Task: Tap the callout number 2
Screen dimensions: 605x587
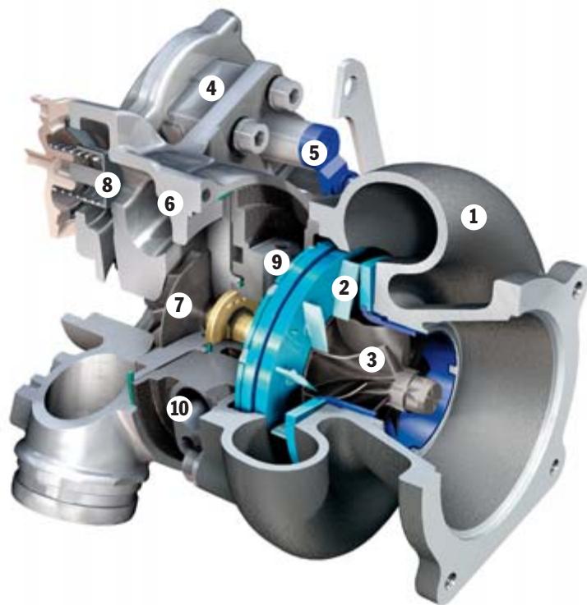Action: coord(343,286)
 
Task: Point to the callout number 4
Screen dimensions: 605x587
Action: coord(211,88)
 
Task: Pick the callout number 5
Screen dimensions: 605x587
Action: coord(311,152)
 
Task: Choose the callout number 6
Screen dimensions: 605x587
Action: coord(169,202)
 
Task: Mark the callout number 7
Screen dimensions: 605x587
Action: coord(178,305)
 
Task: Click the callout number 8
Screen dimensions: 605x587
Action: coord(104,185)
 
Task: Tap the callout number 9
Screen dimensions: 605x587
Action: coord(277,262)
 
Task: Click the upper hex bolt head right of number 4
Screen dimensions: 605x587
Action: coord(284,96)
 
